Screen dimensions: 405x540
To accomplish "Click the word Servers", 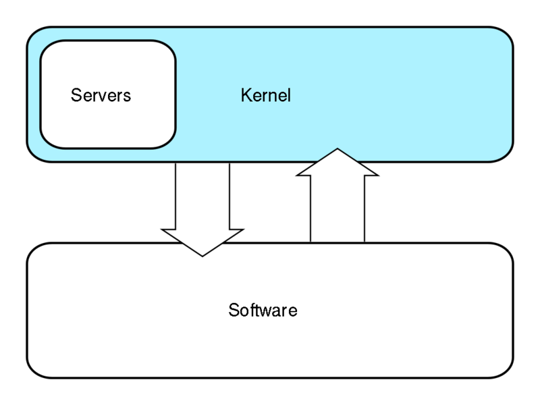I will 101,95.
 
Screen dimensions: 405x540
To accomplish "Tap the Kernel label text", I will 265,95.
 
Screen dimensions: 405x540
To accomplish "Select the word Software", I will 263,310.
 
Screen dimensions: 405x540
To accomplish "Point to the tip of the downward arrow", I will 202,255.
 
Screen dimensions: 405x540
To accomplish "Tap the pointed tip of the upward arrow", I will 337,150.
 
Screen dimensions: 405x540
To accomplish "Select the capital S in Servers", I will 76,95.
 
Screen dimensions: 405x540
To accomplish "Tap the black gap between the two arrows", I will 270,202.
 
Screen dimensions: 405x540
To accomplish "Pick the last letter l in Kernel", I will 289,95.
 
